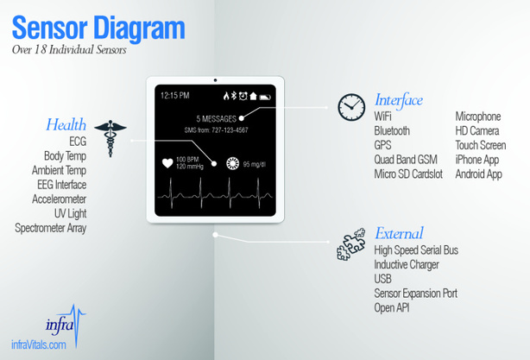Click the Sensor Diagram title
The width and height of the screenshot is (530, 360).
click(98, 28)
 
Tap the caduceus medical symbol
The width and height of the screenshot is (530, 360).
click(110, 137)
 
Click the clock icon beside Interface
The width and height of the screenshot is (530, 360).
click(351, 107)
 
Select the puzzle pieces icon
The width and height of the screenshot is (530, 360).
click(351, 244)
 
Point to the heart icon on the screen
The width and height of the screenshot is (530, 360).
click(167, 163)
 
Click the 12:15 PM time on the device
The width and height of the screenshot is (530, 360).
click(174, 96)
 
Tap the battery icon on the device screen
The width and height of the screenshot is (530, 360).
click(265, 98)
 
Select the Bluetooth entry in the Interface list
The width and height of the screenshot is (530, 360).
click(392, 131)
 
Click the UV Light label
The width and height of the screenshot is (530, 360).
click(70, 213)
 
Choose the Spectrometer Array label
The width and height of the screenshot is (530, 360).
click(51, 228)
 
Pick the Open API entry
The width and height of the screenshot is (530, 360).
click(392, 308)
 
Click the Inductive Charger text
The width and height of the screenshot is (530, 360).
click(407, 265)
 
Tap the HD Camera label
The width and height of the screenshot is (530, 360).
click(477, 131)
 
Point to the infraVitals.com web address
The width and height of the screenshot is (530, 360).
click(39, 344)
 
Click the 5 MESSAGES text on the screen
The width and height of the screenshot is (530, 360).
click(217, 119)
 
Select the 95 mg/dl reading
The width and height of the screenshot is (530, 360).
click(255, 165)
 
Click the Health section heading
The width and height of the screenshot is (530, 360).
click(66, 124)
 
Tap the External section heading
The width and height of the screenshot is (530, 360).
click(399, 233)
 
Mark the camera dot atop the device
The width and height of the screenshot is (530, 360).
click(215, 80)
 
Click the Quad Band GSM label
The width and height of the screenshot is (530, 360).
click(406, 160)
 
